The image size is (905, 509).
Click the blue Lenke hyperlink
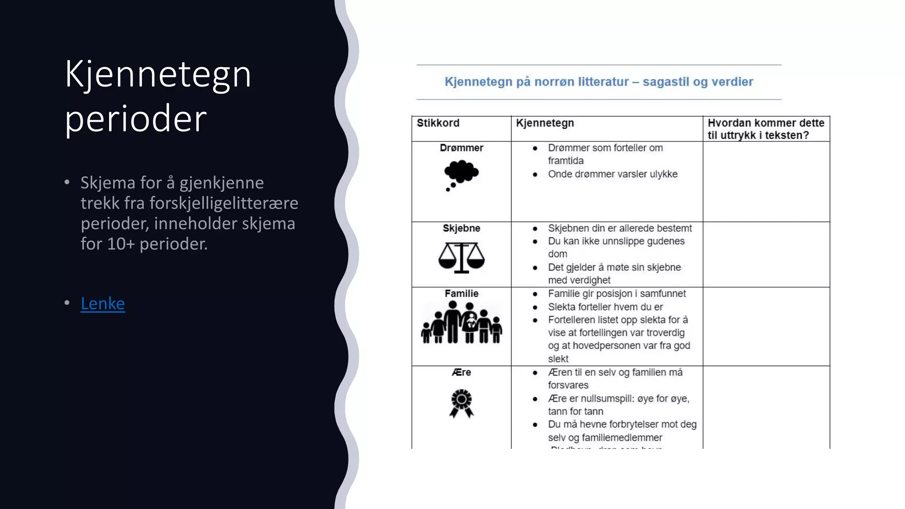pos(103,304)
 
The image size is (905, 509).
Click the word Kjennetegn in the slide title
pos(158,74)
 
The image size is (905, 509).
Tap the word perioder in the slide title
pos(136,119)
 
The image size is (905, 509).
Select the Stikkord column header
pos(438,123)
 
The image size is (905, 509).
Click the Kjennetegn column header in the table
pos(545,123)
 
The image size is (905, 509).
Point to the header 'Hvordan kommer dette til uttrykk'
pos(765,129)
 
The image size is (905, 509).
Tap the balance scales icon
pos(461,257)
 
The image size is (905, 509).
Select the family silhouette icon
pos(461,323)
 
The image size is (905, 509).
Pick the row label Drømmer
pos(461,148)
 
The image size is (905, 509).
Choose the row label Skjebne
pos(461,228)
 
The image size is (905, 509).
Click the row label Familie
pos(461,294)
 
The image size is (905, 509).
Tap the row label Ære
pos(461,372)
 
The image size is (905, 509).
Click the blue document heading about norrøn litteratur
pos(599,82)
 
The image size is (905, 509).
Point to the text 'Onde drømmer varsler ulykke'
pos(612,174)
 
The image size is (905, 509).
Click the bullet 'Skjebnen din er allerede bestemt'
pos(620,228)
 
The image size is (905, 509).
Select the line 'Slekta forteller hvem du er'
pos(605,307)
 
